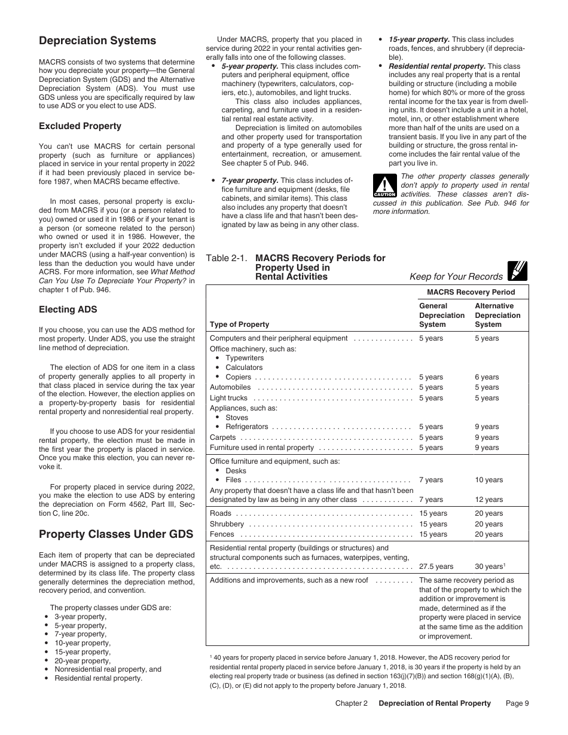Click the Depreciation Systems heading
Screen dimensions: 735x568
[97, 41]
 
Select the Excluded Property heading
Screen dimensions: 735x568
[80, 126]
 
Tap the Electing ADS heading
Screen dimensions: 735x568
[68, 310]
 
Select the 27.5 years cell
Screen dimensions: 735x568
[436, 566]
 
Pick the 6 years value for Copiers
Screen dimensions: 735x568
[487, 377]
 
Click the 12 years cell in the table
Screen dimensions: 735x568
[488, 500]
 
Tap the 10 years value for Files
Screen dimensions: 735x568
[488, 480]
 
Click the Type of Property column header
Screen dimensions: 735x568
[239, 324]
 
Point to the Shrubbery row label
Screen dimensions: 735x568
[227, 524]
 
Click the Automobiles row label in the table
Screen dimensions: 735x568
[230, 387]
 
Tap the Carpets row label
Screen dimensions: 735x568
[223, 437]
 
